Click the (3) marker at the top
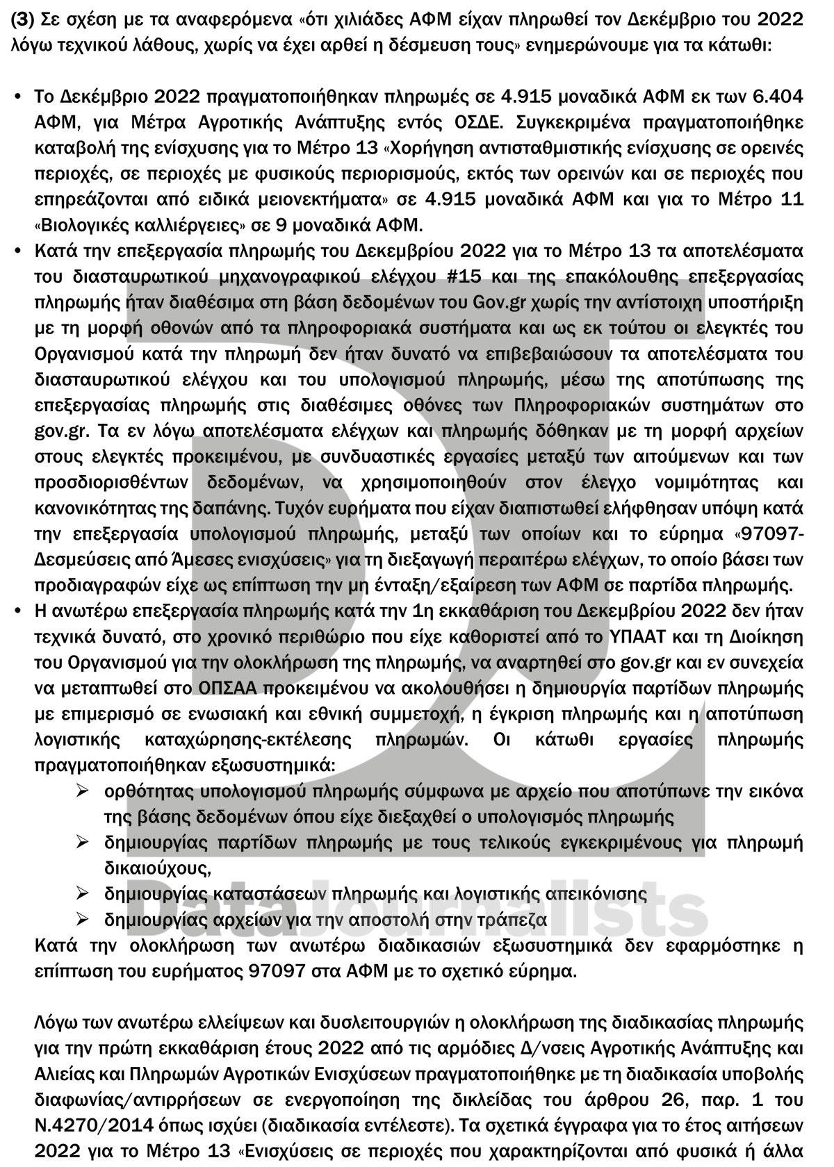(20, 19)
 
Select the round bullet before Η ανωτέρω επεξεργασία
(19, 611)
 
